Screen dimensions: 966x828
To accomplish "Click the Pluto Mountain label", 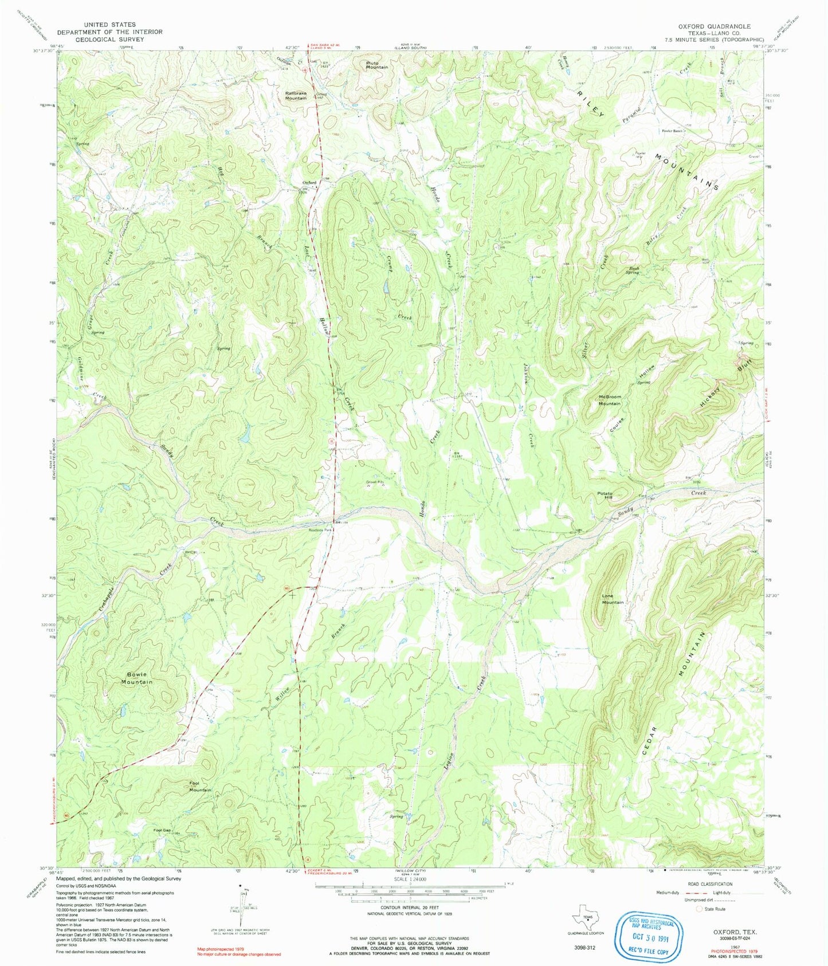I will click(377, 65).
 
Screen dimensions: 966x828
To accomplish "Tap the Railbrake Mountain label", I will click(296, 95).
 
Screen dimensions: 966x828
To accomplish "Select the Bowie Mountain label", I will click(136, 678).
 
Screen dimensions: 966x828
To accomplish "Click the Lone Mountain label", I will click(613, 599).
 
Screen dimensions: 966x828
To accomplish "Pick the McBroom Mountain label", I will click(609, 400).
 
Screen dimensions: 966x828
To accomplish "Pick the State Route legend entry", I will click(711, 909).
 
